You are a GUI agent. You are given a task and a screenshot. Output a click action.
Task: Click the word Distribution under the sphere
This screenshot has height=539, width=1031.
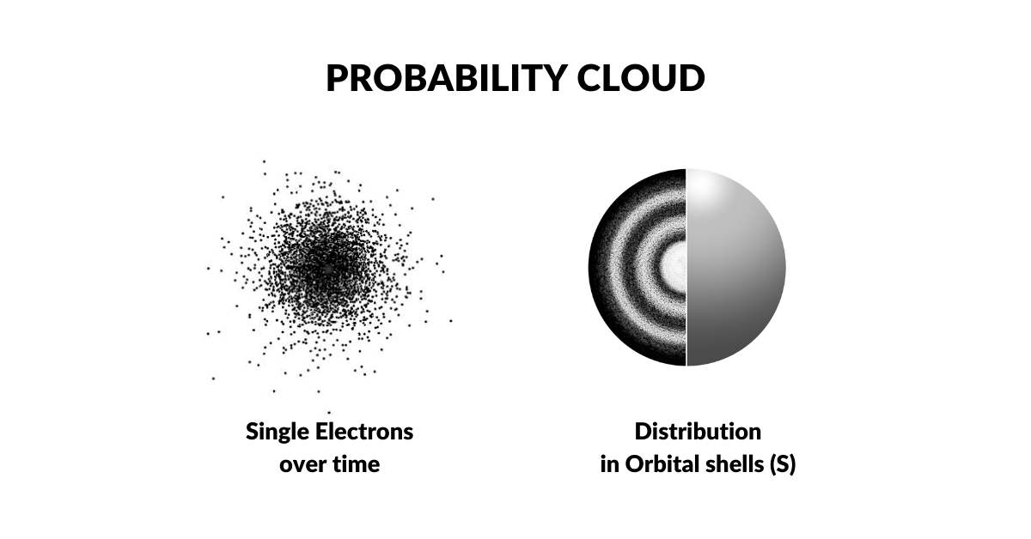(698, 431)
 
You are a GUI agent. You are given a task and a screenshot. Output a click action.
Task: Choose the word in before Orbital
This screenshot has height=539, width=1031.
(608, 465)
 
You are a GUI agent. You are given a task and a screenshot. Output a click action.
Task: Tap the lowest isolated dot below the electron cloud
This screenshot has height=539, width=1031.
(329, 413)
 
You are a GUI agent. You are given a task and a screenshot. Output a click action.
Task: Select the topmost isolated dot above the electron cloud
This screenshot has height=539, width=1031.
(264, 160)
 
